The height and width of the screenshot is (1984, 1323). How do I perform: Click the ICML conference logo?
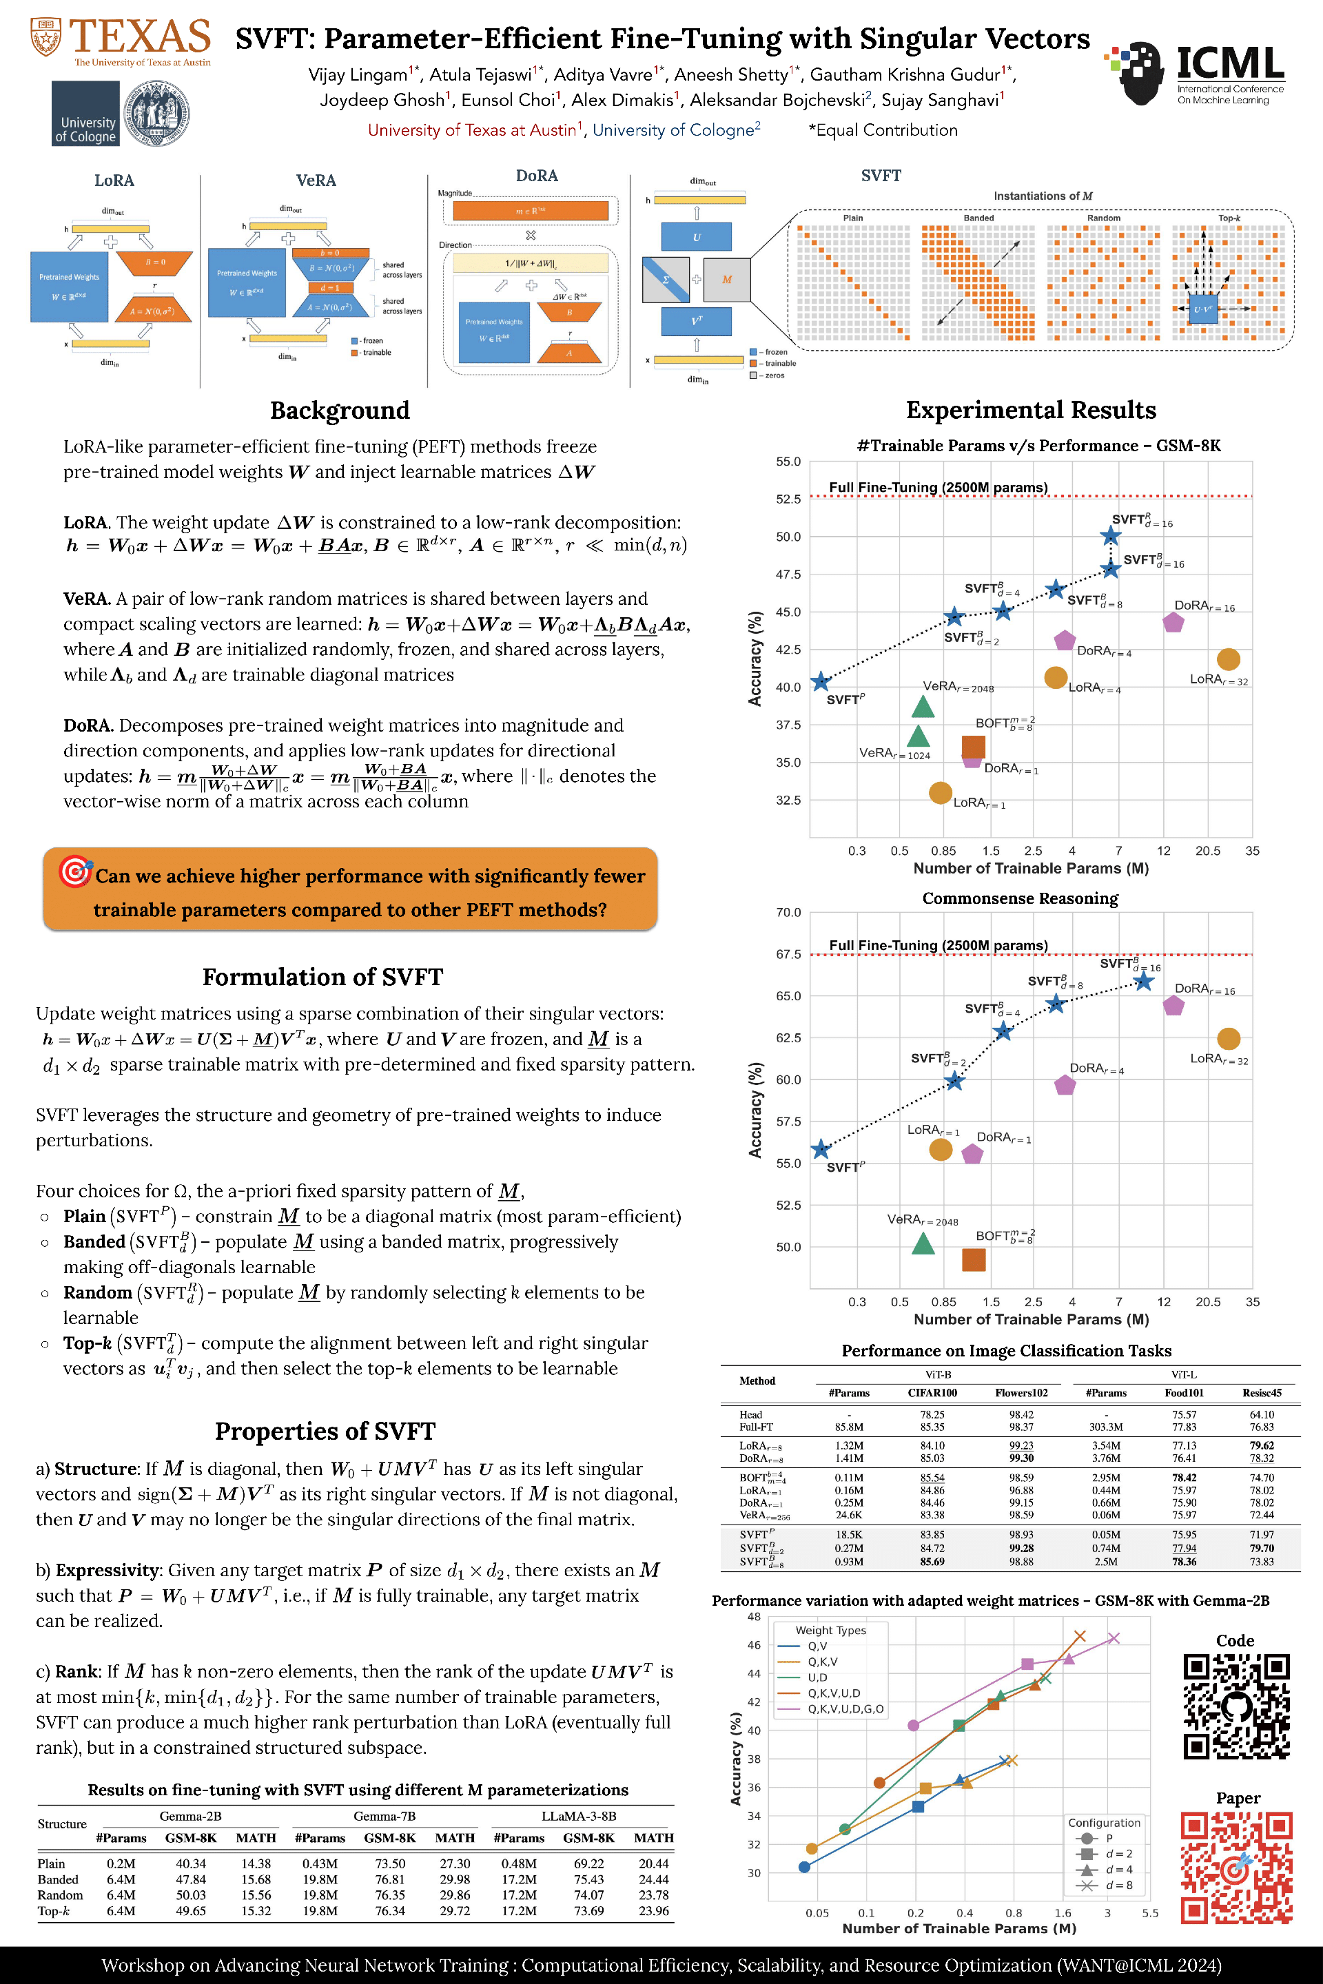[1194, 74]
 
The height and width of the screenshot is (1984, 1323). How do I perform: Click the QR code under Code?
[1236, 1706]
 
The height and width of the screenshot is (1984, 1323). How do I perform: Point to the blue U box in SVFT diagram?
[696, 237]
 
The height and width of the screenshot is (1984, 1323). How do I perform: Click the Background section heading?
[339, 411]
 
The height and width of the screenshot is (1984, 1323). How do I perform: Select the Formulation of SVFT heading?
[322, 977]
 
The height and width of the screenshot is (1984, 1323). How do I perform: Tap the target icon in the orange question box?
[75, 871]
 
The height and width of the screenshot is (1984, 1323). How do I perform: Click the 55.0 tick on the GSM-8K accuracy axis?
[788, 462]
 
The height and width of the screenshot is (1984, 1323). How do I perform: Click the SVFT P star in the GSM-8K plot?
[820, 681]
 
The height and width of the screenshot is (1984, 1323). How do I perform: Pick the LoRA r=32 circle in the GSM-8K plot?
[1229, 659]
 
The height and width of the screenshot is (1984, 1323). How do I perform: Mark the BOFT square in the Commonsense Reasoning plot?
[974, 1259]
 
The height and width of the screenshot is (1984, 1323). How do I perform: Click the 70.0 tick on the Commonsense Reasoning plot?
[788, 913]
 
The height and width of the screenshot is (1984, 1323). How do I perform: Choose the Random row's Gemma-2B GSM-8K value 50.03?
[191, 1894]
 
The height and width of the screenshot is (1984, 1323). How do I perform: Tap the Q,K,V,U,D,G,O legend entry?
[845, 1709]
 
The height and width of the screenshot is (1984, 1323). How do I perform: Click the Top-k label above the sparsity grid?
[1229, 218]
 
